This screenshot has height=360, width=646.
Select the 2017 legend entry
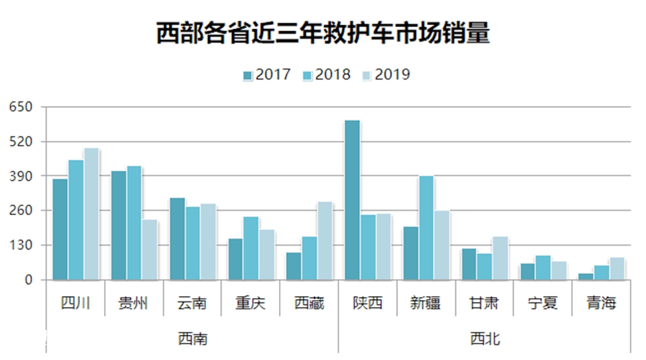[267, 74]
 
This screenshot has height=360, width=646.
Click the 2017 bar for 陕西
[352, 200]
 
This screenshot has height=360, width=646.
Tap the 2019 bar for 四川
[91, 214]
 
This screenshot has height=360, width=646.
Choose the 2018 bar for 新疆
[426, 228]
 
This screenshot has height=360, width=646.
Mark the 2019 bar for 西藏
[325, 240]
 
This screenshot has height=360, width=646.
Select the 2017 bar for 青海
[586, 277]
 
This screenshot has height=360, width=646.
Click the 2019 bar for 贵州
[150, 249]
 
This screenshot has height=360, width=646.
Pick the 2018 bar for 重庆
[251, 248]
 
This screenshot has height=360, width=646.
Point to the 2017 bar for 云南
[177, 238]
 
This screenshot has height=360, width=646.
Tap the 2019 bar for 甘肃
[499, 258]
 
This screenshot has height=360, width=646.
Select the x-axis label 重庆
[250, 303]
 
